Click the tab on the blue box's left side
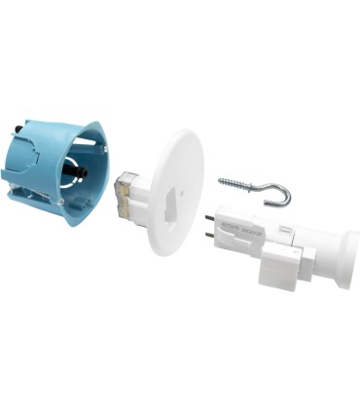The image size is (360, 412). [x=12, y=175]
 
